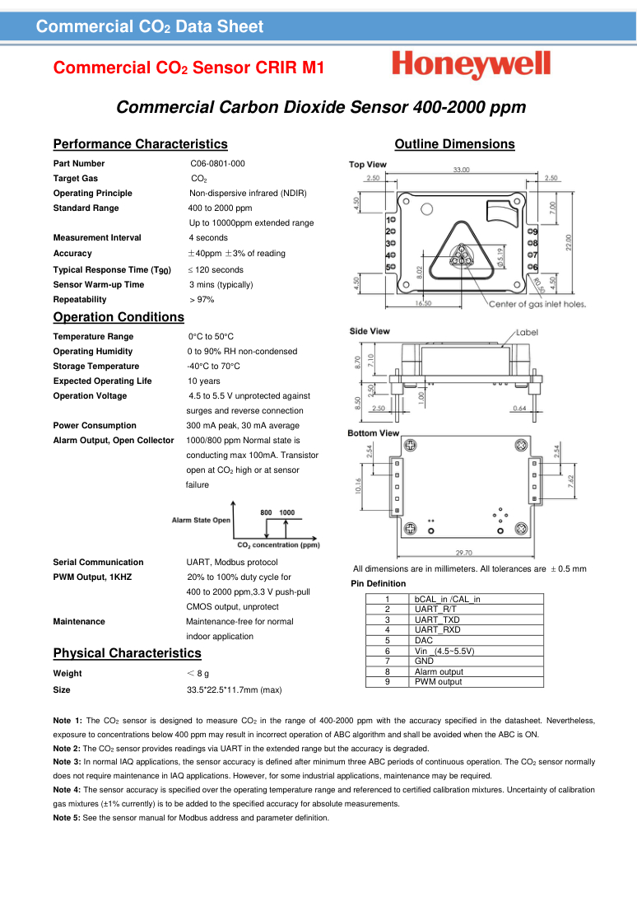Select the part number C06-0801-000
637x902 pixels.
tap(217, 164)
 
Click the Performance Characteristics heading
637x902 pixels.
tap(140, 144)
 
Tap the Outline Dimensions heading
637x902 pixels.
tap(454, 144)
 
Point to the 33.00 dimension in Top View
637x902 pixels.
tap(462, 170)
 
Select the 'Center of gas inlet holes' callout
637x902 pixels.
tap(537, 304)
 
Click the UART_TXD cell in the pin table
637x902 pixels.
tap(437, 619)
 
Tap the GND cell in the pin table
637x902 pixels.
tap(424, 661)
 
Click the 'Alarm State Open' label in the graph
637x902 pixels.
tap(201, 521)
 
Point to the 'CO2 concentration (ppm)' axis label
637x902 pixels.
tap(278, 544)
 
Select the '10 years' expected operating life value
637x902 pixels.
tap(203, 381)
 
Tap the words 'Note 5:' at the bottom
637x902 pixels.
tap(67, 818)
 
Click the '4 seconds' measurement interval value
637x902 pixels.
tap(207, 238)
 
